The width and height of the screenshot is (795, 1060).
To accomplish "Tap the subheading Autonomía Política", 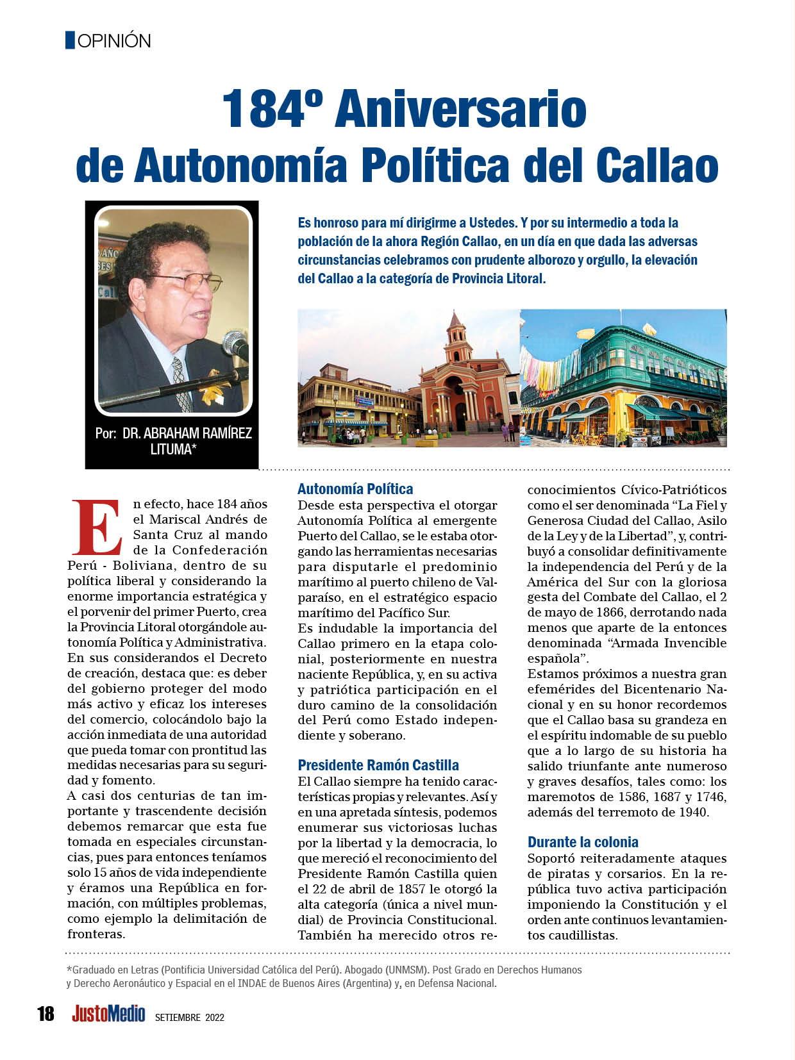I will (355, 489).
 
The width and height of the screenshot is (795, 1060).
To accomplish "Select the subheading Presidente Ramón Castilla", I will (378, 765).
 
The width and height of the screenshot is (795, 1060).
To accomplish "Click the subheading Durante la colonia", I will (583, 842).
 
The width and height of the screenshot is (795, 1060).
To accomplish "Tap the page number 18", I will (46, 1014).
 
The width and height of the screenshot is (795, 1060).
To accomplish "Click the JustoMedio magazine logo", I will (108, 1014).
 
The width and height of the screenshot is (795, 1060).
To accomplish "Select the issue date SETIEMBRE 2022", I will (190, 1017).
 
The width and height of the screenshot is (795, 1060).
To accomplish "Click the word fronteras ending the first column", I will (96, 934).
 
